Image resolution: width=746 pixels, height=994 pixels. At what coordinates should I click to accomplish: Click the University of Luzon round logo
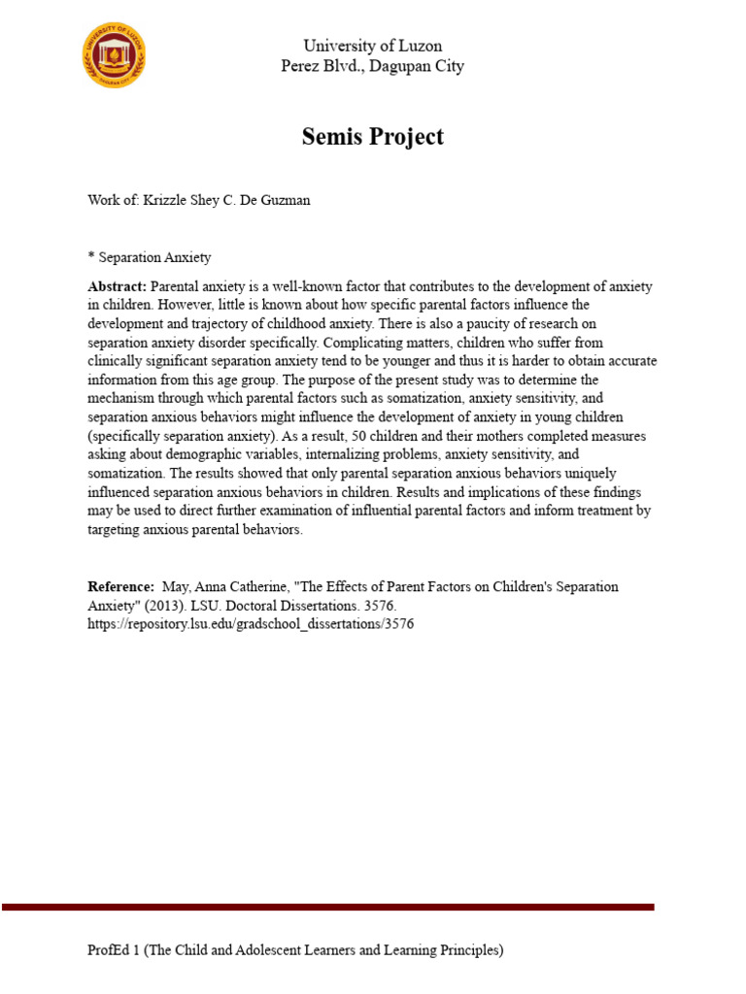point(115,56)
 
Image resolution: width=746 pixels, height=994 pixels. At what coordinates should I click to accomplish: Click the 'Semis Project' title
point(372,137)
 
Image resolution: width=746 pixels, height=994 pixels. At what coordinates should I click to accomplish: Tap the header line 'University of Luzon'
point(372,46)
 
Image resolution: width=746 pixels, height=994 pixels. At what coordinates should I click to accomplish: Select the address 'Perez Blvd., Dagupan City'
point(372,66)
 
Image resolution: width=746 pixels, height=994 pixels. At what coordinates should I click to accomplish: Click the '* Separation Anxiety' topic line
point(149,257)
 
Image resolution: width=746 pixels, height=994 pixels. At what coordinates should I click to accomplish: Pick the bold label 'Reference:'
point(120,587)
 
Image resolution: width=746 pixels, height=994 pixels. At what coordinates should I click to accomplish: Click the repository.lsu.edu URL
point(251,624)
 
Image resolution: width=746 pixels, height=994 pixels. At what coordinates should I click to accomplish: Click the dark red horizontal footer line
point(327,907)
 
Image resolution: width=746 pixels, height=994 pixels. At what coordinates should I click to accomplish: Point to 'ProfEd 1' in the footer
point(115,951)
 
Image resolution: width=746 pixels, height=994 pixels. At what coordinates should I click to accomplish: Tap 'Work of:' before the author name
point(114,200)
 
